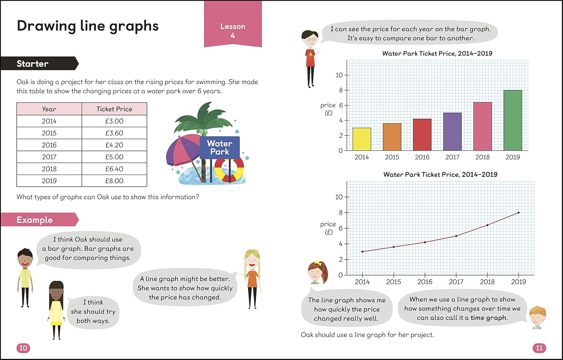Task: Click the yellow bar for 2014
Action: [362, 139]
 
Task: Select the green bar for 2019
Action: [513, 120]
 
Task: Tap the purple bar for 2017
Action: [452, 131]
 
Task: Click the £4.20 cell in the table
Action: [114, 145]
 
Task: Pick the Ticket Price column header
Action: [114, 109]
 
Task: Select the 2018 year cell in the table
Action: [49, 169]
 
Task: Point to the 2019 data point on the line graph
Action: [519, 212]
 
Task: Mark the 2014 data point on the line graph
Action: [362, 252]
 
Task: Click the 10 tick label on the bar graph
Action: [339, 75]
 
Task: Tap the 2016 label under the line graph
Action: [425, 282]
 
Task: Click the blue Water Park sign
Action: [220, 148]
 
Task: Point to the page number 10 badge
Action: [23, 348]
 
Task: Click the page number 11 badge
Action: [539, 348]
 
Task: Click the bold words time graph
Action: [489, 318]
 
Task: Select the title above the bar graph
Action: [437, 53]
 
